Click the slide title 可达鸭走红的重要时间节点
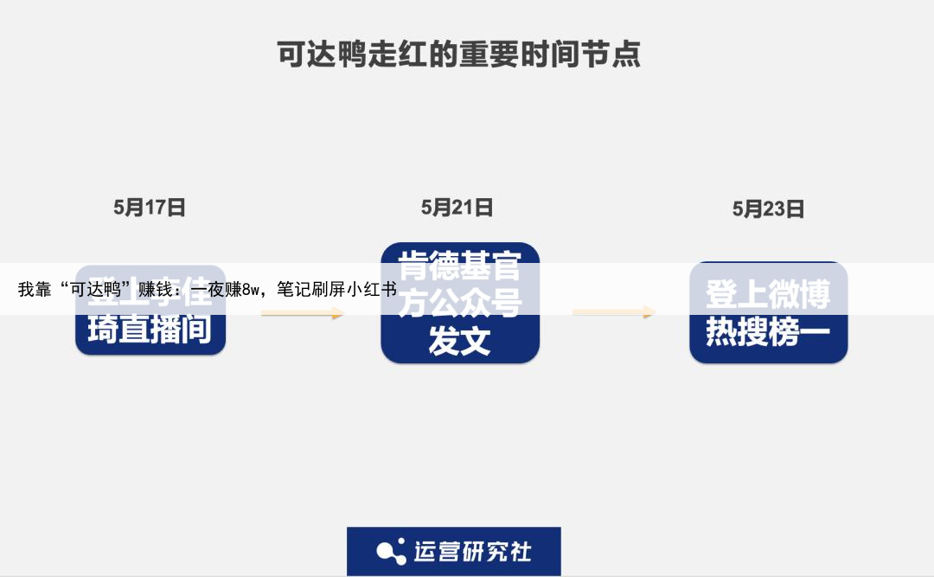[x=458, y=54]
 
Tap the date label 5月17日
[x=150, y=208]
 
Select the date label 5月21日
[x=457, y=208]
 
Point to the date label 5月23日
[x=768, y=209]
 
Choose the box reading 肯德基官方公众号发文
[x=460, y=303]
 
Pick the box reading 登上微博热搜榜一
[x=768, y=312]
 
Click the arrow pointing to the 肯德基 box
[x=303, y=313]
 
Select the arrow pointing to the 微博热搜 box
[x=614, y=312]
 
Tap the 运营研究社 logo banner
[x=454, y=551]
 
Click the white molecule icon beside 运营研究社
[x=391, y=551]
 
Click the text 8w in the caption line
[x=251, y=290]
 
